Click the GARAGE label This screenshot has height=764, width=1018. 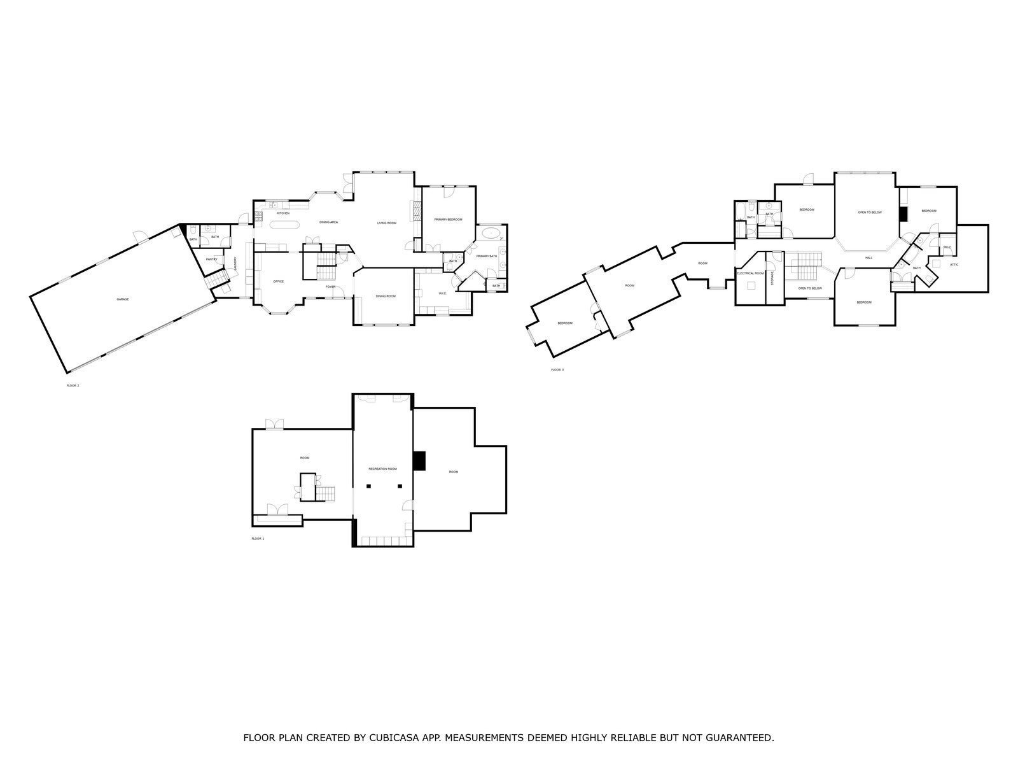click(123, 299)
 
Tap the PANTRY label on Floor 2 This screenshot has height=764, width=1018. click(212, 259)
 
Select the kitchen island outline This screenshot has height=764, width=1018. click(284, 224)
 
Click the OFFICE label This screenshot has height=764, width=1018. click(278, 281)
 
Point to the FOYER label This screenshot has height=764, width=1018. click(330, 287)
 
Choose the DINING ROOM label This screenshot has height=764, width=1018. click(386, 296)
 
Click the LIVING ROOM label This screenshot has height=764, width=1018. click(387, 223)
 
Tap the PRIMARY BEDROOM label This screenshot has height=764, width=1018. click(448, 220)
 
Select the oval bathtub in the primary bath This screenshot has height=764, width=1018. click(491, 233)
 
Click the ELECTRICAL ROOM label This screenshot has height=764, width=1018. click(750, 273)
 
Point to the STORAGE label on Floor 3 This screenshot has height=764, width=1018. click(772, 278)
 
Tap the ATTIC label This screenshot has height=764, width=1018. click(954, 264)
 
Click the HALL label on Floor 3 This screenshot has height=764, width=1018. click(868, 258)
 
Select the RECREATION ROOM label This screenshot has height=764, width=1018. click(382, 469)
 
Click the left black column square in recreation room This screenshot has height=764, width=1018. click(368, 486)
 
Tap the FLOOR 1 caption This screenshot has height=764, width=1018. click(258, 539)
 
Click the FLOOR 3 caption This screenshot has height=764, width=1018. click(557, 370)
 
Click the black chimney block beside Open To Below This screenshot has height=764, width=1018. click(903, 214)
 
